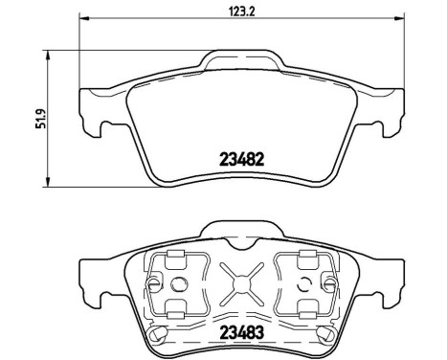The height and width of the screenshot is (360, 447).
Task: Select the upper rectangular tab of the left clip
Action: [x=173, y=255]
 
